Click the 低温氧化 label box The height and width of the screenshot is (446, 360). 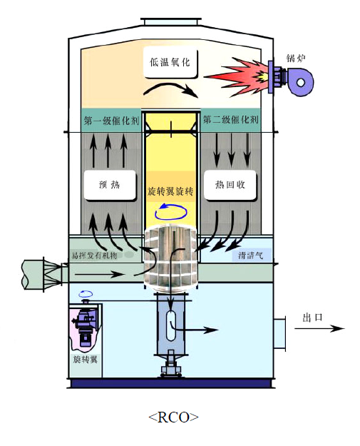click(170, 63)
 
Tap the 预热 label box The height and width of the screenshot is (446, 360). click(110, 185)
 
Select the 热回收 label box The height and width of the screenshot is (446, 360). click(230, 185)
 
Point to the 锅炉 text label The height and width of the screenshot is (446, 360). click(296, 58)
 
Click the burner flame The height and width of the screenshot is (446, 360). click(239, 77)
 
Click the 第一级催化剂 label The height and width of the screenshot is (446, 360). click(111, 121)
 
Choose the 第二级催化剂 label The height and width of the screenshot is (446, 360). click(230, 120)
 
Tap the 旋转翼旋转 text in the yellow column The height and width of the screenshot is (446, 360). click(170, 191)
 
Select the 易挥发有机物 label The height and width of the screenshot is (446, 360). click(94, 255)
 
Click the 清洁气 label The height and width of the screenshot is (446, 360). click(251, 255)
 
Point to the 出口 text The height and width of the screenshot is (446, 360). click(312, 318)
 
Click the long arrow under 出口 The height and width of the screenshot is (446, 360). click(319, 328)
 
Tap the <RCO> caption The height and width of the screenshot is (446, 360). click(173, 417)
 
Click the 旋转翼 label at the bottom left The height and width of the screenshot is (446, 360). click(85, 360)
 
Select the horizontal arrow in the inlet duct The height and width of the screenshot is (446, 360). click(100, 275)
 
